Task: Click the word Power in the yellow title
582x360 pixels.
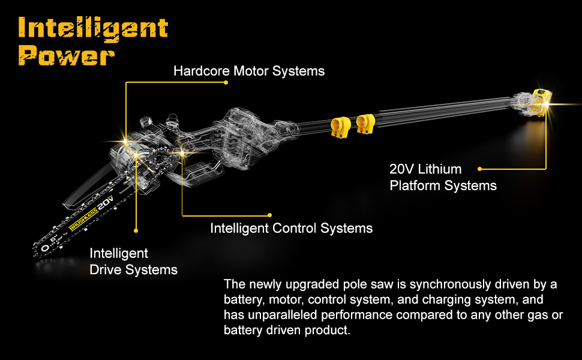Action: tap(66, 56)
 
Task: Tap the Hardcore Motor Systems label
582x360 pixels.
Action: tap(249, 71)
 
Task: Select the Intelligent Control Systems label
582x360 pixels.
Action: tap(291, 228)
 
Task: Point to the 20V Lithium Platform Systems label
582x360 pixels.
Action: tap(443, 178)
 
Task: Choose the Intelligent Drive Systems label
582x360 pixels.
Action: tap(133, 262)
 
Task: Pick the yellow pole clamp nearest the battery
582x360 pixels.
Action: tap(364, 123)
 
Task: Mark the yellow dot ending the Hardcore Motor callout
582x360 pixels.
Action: tap(226, 83)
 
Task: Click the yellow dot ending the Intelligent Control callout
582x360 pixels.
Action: tap(270, 215)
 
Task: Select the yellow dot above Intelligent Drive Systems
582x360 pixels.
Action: tap(136, 230)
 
